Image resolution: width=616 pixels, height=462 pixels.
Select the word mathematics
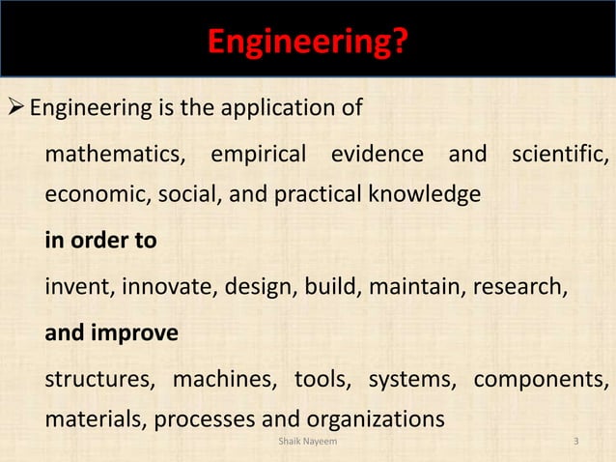(x=117, y=154)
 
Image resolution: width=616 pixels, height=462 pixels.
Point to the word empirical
(x=258, y=154)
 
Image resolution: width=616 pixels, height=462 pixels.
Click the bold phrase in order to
(x=100, y=241)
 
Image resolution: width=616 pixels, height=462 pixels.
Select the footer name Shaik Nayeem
(x=307, y=443)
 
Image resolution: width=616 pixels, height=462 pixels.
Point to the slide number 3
(x=575, y=443)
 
